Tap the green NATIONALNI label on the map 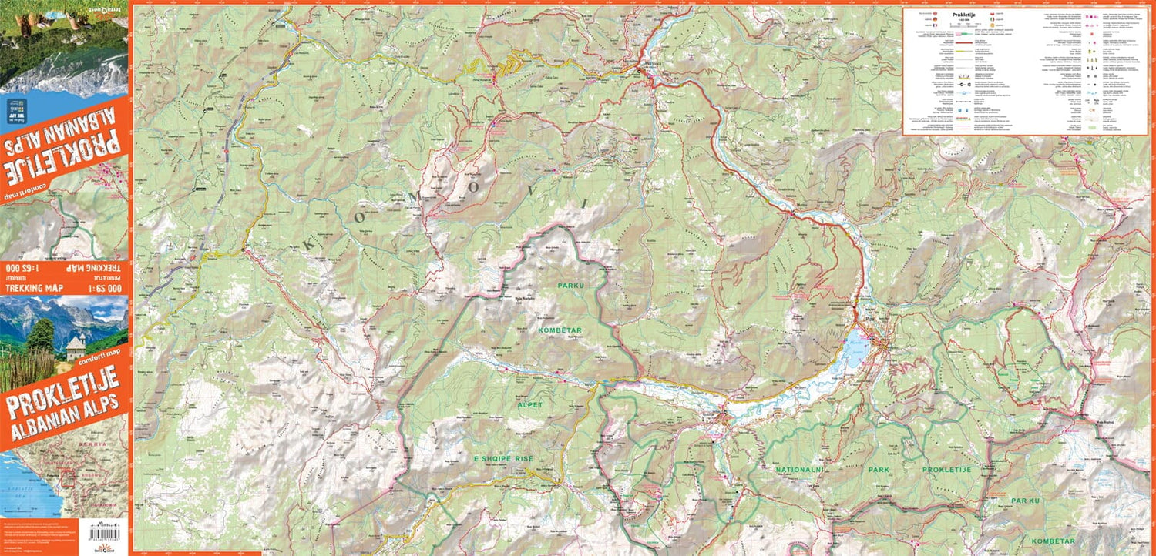801,468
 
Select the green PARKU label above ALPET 571,286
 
